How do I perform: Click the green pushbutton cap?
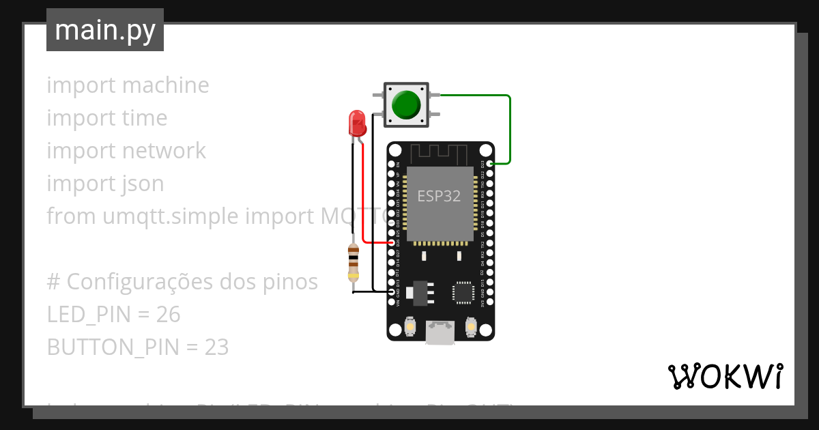point(406,104)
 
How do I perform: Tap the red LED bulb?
point(357,123)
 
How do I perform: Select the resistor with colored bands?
point(353,262)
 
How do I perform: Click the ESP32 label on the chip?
point(439,197)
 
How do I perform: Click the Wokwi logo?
point(725,377)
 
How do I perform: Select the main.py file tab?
point(105,30)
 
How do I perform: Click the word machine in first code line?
point(166,85)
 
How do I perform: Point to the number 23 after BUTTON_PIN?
point(216,347)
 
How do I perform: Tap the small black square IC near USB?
point(463,291)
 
